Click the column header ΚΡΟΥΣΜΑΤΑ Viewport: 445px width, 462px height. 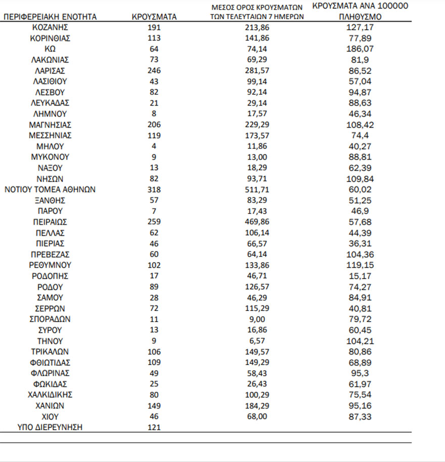click(154, 17)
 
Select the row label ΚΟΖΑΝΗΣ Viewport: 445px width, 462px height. click(50, 27)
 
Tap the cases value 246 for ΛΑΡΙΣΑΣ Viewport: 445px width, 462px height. click(154, 71)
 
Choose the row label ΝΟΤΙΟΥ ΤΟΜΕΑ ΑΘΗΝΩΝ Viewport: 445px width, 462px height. click(50, 190)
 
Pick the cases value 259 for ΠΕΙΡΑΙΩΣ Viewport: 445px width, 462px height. click(154, 222)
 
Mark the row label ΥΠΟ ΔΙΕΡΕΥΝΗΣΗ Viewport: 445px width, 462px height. click(50, 428)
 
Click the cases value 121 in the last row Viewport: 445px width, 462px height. click(154, 428)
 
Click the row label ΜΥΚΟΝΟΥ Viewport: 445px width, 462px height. click(50, 157)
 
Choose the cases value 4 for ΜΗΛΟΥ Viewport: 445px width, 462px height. click(154, 146)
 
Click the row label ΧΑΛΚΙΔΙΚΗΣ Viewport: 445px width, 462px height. click(50, 395)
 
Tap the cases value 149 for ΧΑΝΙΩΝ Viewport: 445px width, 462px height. click(154, 405)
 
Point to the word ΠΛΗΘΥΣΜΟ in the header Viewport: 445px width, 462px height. click(360, 17)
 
